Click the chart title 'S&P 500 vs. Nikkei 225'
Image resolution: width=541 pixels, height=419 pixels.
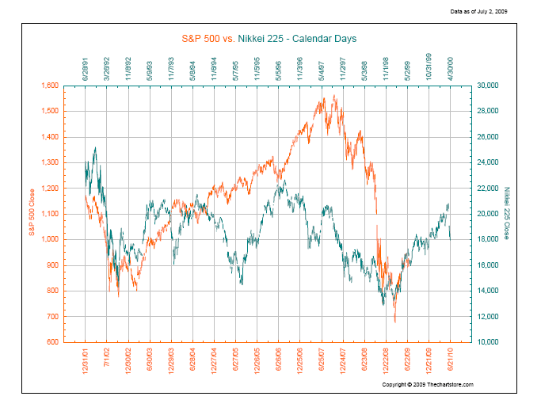(x=269, y=37)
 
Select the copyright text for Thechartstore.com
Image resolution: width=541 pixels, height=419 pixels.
(x=427, y=384)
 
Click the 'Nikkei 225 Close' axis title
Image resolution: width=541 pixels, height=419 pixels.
(x=507, y=212)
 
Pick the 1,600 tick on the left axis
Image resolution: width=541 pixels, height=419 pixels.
(x=49, y=86)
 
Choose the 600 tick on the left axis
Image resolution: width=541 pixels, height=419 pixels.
(x=53, y=342)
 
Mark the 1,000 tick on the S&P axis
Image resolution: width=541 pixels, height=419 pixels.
(x=49, y=239)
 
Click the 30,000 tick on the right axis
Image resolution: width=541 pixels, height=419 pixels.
(x=484, y=86)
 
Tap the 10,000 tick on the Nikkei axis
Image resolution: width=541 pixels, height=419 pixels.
(x=484, y=342)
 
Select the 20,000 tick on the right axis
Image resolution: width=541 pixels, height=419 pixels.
(x=484, y=214)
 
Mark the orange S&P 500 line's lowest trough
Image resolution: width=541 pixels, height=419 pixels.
(x=394, y=322)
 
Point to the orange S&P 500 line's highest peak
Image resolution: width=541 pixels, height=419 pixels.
(x=335, y=96)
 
